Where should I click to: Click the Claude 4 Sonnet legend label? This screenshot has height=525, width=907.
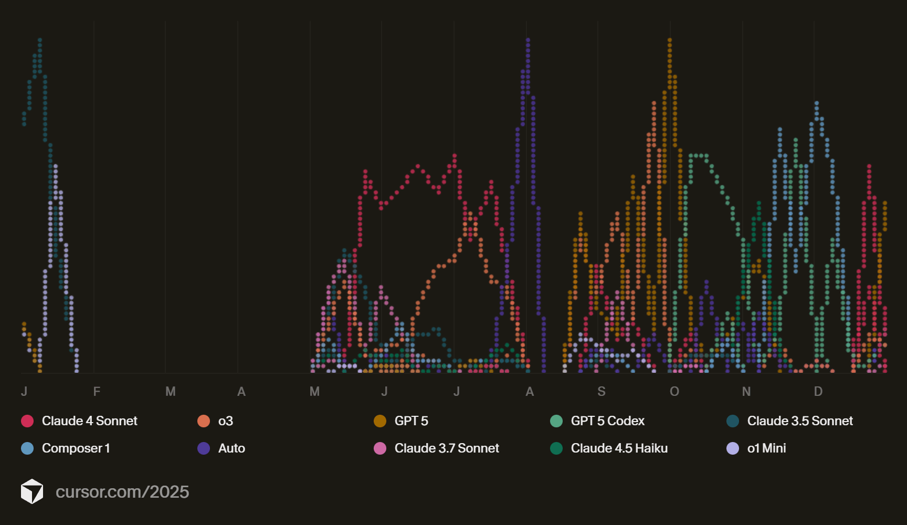(x=89, y=421)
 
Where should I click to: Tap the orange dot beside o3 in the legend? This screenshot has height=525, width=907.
(x=204, y=421)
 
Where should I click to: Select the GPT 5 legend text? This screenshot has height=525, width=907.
(x=411, y=421)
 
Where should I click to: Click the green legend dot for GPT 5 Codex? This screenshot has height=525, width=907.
(x=556, y=421)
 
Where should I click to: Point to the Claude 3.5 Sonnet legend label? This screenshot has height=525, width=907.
(x=799, y=421)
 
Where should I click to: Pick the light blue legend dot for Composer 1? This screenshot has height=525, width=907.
(x=27, y=448)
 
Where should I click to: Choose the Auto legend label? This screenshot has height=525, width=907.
(x=231, y=448)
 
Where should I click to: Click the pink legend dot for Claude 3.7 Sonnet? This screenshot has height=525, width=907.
(x=380, y=448)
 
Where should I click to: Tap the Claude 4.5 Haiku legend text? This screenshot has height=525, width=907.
(x=619, y=448)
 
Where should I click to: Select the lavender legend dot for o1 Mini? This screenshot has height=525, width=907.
(x=733, y=448)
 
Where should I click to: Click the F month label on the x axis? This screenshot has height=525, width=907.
(x=97, y=392)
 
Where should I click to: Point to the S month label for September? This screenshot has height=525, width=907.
(x=602, y=392)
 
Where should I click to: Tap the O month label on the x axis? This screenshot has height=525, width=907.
(x=674, y=392)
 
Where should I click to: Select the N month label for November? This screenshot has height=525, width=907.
(x=746, y=392)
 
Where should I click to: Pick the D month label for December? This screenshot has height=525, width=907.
(x=818, y=392)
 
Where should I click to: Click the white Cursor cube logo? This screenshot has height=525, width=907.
(x=32, y=491)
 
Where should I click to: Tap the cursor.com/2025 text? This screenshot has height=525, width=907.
(x=122, y=492)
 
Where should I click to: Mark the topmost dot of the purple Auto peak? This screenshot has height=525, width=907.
(x=528, y=40)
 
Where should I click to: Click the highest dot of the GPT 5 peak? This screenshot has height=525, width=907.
(x=670, y=40)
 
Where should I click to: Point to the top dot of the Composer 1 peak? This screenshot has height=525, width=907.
(x=817, y=103)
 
